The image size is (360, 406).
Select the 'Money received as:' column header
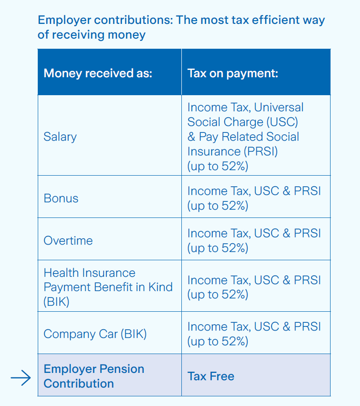pyautogui.click(x=98, y=73)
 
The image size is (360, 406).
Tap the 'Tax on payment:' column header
pyautogui.click(x=232, y=73)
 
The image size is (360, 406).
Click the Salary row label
pyautogui.click(x=60, y=137)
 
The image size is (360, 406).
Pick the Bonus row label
pyautogui.click(x=61, y=198)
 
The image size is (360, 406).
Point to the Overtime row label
pyautogui.click(x=68, y=240)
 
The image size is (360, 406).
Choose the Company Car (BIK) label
pyautogui.click(x=95, y=333)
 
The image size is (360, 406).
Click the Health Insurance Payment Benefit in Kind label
pyautogui.click(x=108, y=287)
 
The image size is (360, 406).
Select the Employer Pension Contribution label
pyautogui.click(x=94, y=376)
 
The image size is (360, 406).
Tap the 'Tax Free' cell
pyautogui.click(x=211, y=376)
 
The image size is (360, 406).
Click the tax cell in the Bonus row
pyautogui.click(x=254, y=198)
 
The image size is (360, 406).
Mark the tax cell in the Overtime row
pyautogui.click(x=254, y=240)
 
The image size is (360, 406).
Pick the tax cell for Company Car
pyautogui.click(x=254, y=334)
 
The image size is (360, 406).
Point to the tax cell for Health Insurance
pyautogui.click(x=254, y=287)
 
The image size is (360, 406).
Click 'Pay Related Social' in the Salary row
pyautogui.click(x=249, y=137)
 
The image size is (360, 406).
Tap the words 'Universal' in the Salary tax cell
pyautogui.click(x=279, y=107)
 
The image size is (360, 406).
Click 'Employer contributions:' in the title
pyautogui.click(x=105, y=20)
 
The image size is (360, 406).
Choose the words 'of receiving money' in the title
pyautogui.click(x=92, y=34)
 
